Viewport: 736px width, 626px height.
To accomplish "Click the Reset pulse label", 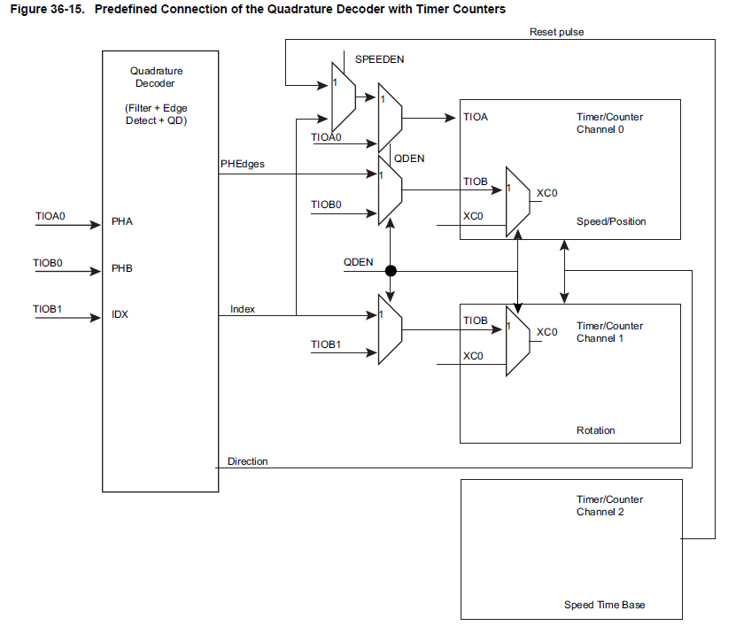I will pos(556,32).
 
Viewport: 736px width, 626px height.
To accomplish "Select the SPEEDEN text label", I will pos(379,58).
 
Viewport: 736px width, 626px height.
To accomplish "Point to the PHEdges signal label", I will pos(242,164).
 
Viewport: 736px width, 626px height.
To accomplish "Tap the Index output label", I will pos(243,309).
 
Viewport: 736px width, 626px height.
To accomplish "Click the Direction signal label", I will pos(247,461).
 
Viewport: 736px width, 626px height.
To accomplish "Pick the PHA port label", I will pos(122,220).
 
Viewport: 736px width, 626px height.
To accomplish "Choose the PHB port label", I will pos(122,267).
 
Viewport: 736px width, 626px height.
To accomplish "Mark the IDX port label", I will pos(120,314).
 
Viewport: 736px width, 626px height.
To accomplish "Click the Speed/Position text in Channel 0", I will pos(611,221).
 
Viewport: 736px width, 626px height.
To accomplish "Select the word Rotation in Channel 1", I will pos(595,430).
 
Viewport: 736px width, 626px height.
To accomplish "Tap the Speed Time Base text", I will pos(605,605).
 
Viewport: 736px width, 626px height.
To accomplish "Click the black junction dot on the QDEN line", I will pos(390,271).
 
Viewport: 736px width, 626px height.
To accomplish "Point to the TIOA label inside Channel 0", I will pos(476,117).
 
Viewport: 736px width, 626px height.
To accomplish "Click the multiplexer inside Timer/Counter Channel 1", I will pos(518,341).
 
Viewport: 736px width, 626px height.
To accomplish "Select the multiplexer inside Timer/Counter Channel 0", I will pos(518,202).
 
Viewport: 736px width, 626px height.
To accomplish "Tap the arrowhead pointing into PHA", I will pos(97,225).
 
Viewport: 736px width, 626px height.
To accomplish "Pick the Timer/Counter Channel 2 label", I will pos(609,506).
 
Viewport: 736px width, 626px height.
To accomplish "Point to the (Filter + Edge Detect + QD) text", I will pos(156,113).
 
